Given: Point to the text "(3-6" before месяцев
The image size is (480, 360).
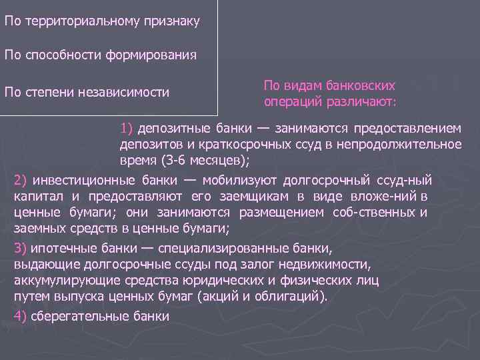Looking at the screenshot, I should pos(173,160).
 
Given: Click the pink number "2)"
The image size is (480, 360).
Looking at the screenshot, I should pos(20,180).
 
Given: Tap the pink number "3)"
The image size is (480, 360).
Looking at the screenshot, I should pos(20,249).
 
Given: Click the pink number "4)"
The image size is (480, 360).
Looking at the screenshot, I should pos(20,316).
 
